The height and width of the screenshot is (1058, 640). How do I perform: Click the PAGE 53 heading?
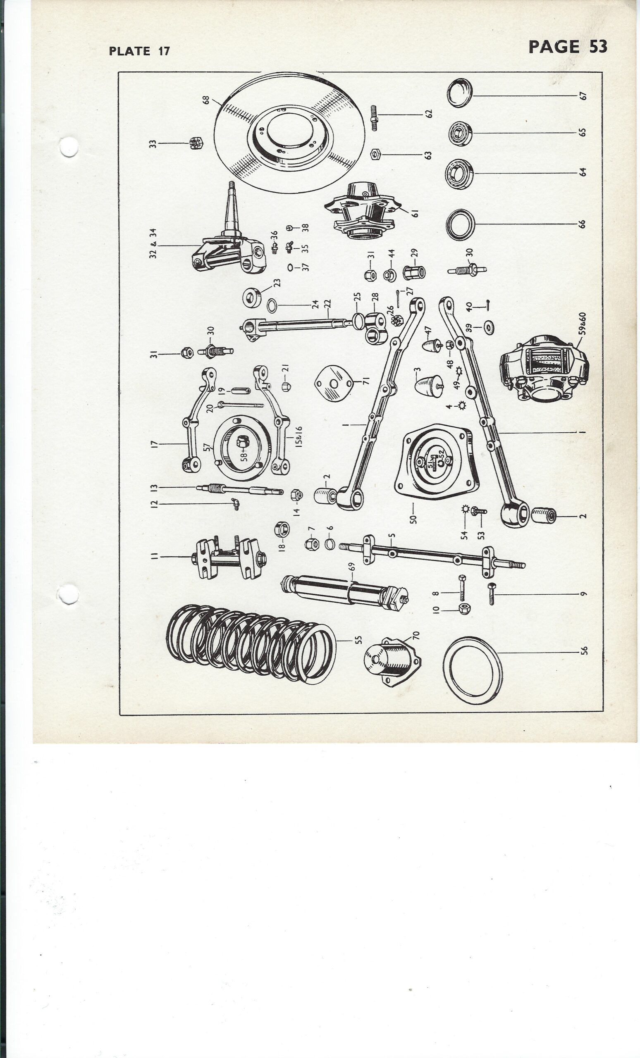click(568, 46)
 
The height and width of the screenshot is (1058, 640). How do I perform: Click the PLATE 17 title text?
click(140, 51)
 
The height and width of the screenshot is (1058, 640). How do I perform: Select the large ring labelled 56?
click(473, 671)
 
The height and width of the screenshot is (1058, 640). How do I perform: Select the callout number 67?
click(583, 95)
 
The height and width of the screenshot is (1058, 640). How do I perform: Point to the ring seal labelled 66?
click(460, 224)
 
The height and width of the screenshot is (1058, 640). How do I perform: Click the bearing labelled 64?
click(459, 174)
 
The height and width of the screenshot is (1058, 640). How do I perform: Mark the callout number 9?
click(583, 594)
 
